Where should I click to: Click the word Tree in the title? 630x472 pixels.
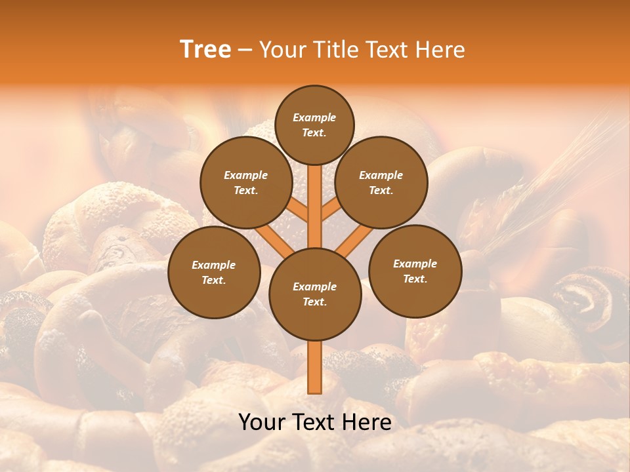coord(205,50)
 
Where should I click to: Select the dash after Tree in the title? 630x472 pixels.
coord(245,50)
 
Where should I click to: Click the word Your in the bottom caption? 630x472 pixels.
coord(262,422)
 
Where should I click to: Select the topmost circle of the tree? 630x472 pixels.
coord(314,125)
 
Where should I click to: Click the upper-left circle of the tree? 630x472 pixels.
coord(246,182)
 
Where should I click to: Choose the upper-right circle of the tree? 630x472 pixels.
coord(381,182)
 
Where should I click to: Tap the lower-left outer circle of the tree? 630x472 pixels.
coord(214,272)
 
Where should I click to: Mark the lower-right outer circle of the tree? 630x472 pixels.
coord(415,271)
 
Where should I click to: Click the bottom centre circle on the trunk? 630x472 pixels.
coord(315,294)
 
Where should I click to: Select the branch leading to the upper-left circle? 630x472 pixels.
coord(297,209)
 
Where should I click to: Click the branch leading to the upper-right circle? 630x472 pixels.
coord(332,209)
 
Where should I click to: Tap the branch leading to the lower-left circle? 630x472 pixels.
coord(273,240)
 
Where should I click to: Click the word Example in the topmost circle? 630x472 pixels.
coord(314,117)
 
